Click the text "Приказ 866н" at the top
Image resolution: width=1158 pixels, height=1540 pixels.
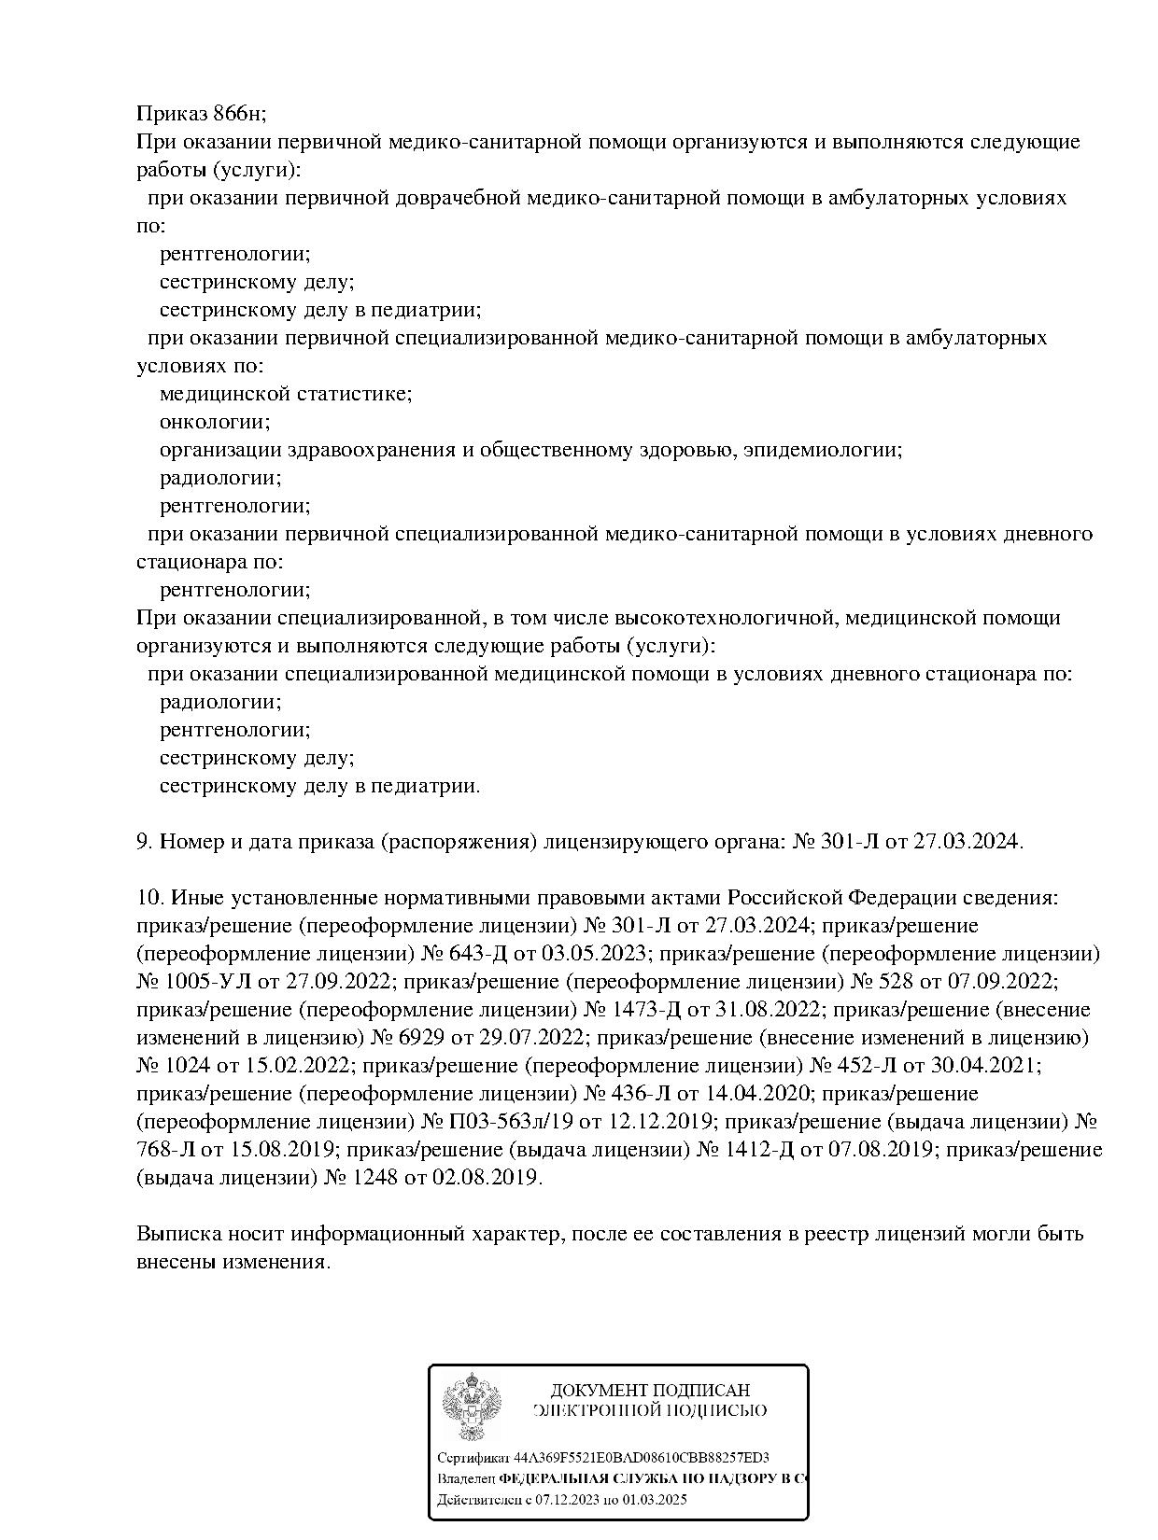(x=201, y=114)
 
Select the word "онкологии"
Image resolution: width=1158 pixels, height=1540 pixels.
(x=214, y=422)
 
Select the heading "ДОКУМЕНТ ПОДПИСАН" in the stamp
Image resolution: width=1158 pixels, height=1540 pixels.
(x=650, y=1391)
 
